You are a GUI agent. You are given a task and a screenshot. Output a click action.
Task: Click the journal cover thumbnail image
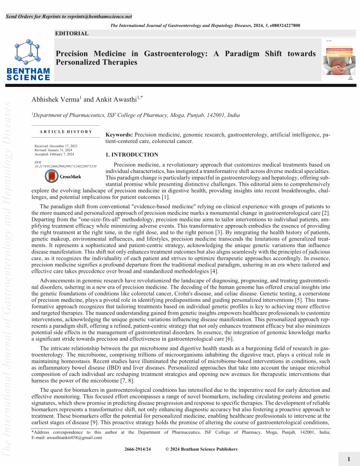[x=338, y=60]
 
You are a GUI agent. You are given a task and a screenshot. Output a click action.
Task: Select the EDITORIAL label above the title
[x=72, y=34]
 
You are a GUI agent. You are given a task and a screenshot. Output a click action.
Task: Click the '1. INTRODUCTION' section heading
[x=132, y=155]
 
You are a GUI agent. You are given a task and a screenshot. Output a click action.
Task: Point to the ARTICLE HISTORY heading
[x=66, y=132]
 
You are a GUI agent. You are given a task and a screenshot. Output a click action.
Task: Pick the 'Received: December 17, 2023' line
[x=56, y=146]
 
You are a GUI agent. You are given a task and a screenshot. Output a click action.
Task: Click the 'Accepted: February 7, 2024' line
[x=54, y=154]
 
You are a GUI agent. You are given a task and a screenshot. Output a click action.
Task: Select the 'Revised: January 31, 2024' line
[x=52, y=150]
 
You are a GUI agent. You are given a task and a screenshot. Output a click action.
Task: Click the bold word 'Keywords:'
[x=119, y=134]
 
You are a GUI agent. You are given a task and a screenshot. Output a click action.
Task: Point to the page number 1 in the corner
[x=349, y=459]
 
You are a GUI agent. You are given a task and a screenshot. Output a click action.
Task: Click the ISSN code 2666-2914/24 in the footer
[x=138, y=449]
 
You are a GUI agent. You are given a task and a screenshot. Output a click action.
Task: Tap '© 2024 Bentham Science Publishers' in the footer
[x=201, y=449]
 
